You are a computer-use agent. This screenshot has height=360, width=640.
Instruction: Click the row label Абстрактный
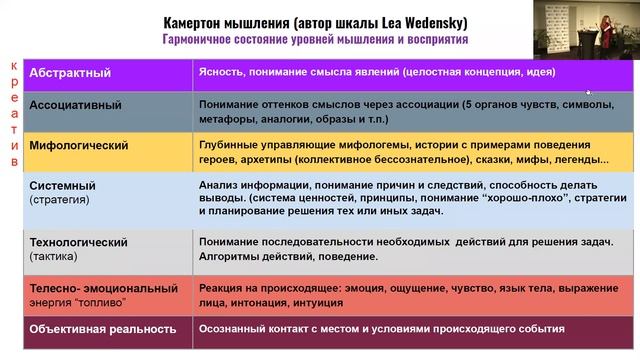coord(71,73)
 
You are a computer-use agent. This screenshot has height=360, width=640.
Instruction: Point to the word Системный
coord(63,186)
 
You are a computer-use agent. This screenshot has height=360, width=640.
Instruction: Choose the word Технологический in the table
coord(79,242)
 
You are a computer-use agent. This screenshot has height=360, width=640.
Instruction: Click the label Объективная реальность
coord(104,328)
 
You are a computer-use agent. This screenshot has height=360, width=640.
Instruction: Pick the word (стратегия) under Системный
coord(60,199)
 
